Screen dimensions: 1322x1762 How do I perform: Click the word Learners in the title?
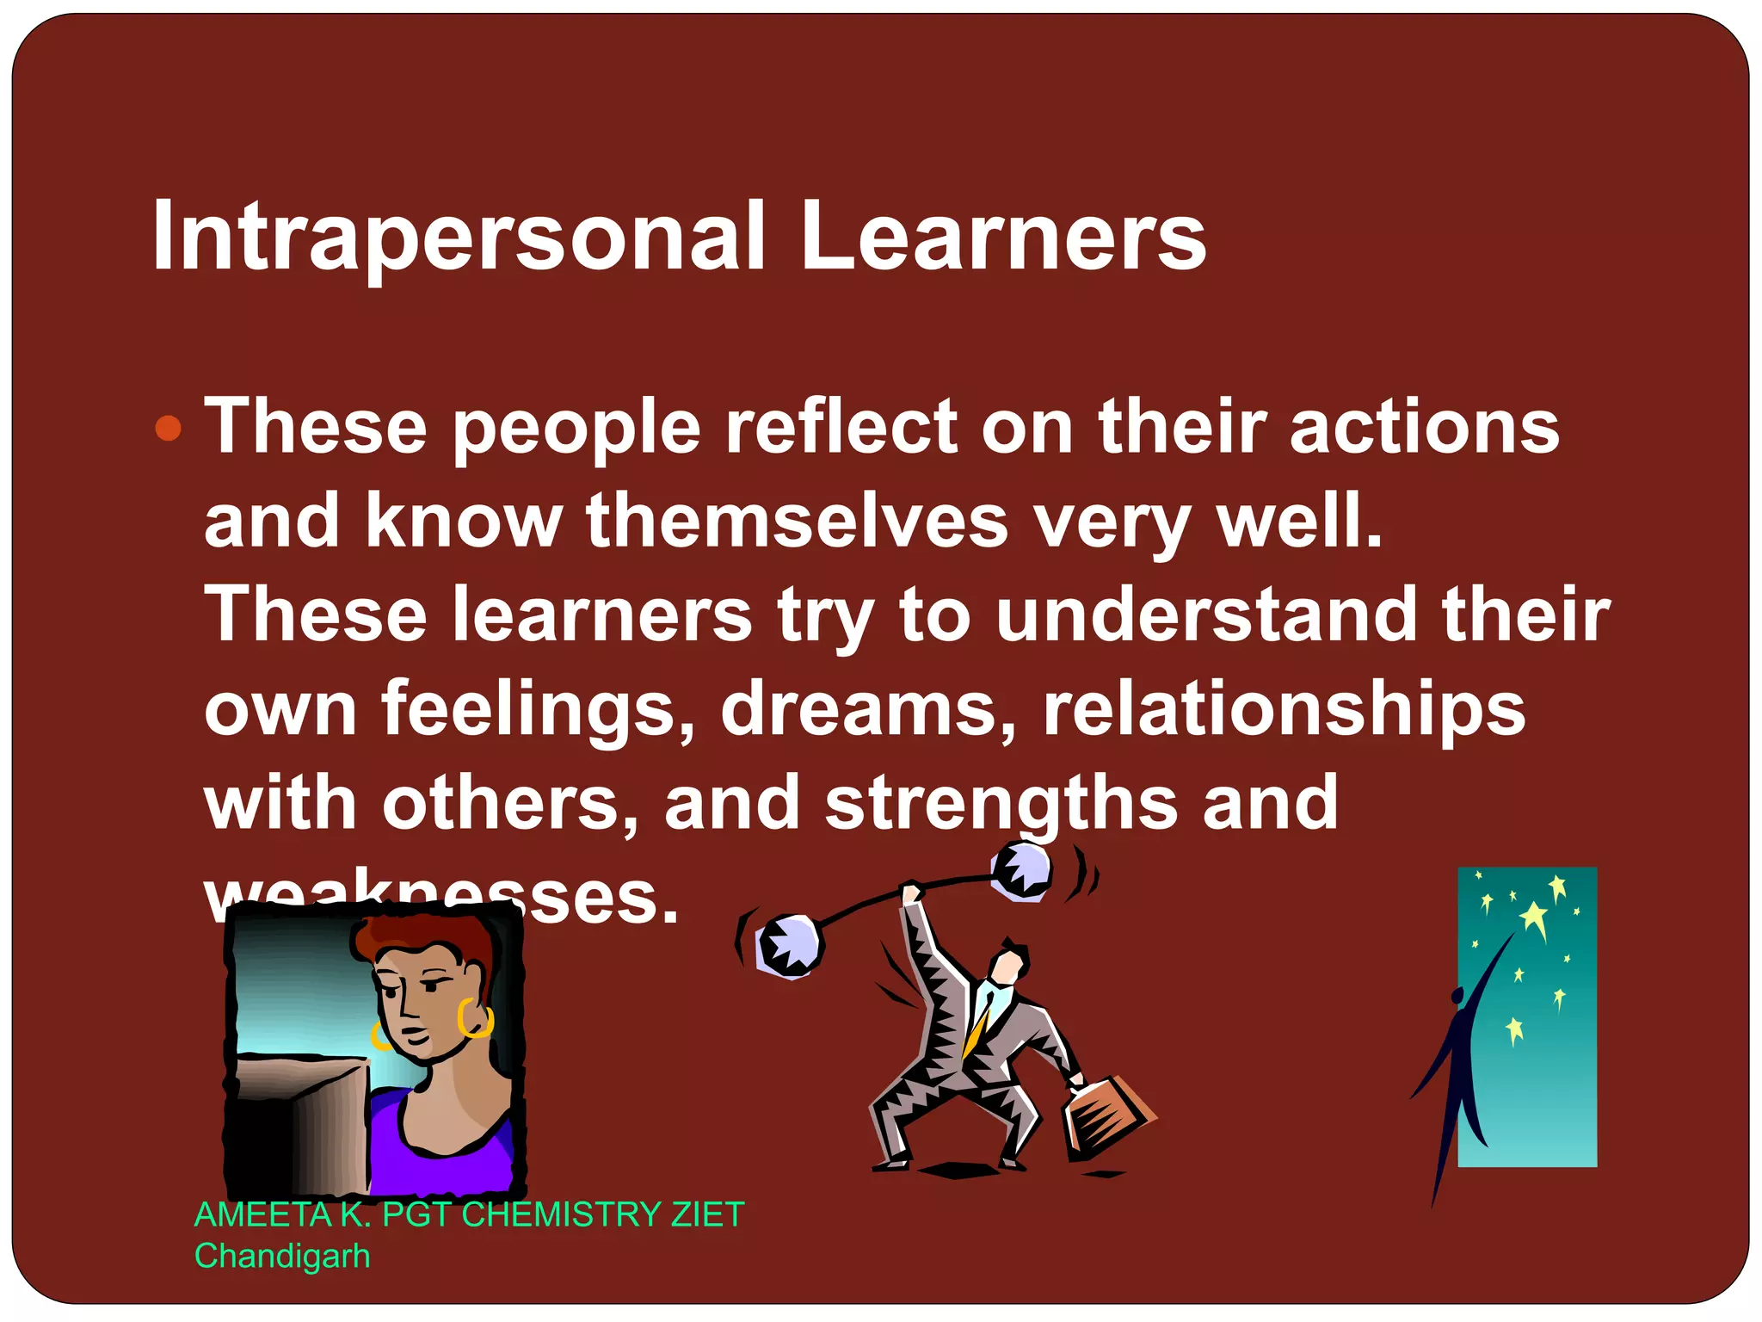1003,237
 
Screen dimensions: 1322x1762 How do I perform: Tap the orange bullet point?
169,428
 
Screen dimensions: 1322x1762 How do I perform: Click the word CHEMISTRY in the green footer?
560,1214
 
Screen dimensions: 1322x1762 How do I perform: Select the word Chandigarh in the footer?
282,1256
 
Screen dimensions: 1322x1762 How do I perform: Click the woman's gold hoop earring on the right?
475,1019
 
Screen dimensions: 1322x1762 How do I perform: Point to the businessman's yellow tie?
977,1029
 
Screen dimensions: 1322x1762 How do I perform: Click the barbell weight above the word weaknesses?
788,946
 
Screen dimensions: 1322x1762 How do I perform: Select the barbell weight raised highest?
1021,871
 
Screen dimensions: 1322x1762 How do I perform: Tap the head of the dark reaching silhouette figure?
1457,996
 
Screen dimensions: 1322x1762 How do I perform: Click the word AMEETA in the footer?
262,1214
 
